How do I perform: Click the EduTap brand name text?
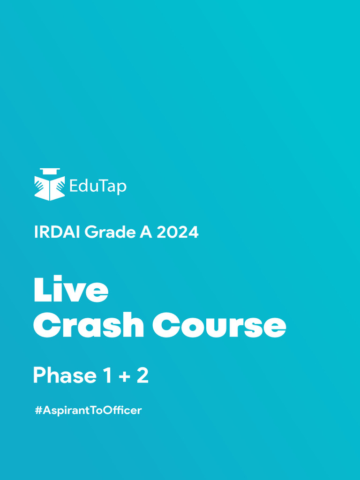tap(97, 187)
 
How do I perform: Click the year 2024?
tap(177, 232)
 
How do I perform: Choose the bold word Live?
tap(71, 290)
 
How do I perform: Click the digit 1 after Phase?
tap(106, 375)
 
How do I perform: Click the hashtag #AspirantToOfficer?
tap(88, 411)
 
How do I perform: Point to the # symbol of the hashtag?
tap(38, 411)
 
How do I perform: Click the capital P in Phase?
tap(39, 375)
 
